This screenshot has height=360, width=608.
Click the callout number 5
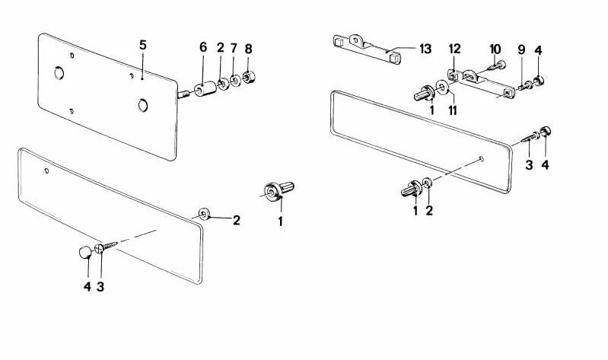point(143,45)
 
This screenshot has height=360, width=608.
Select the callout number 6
point(203,47)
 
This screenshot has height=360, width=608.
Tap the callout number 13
point(425,49)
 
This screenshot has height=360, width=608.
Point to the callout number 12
point(455,49)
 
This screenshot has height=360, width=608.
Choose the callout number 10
point(495,49)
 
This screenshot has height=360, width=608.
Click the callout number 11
point(453,110)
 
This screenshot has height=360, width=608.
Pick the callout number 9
point(521,49)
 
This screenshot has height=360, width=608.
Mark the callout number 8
point(249,49)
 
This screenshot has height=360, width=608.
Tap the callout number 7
point(234,48)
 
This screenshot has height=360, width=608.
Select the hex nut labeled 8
point(248,78)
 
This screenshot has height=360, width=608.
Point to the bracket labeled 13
point(367,49)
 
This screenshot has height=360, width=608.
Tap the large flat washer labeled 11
point(442,88)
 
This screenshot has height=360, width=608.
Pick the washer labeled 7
point(235,81)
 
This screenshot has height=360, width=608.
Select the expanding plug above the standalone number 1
point(279,190)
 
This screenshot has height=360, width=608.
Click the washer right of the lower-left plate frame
point(204,214)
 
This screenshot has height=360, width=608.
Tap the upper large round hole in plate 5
point(59,72)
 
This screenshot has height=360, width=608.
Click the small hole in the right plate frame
point(481,158)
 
